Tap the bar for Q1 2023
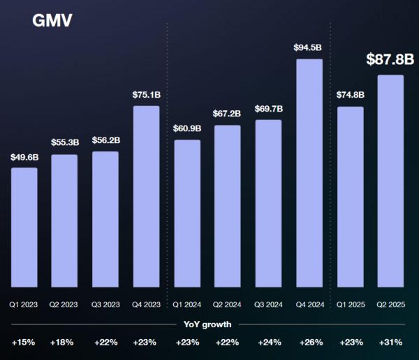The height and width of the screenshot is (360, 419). click(x=24, y=227)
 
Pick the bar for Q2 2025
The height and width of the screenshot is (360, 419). click(x=390, y=181)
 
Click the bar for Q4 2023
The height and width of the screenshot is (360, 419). click(x=146, y=196)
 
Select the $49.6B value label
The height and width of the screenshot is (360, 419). click(x=24, y=157)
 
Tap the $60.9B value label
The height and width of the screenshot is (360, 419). click(x=187, y=129)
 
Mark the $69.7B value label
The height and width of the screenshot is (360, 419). click(x=269, y=109)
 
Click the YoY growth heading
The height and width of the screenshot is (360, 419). click(x=207, y=324)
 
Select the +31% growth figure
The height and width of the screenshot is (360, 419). click(x=390, y=343)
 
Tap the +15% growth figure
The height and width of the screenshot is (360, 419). click(x=24, y=343)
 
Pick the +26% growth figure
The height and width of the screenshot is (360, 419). click(x=309, y=343)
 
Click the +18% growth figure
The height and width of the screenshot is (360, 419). click(x=65, y=343)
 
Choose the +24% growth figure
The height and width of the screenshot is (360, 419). click(x=269, y=343)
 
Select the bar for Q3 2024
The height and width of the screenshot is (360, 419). click(x=269, y=203)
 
